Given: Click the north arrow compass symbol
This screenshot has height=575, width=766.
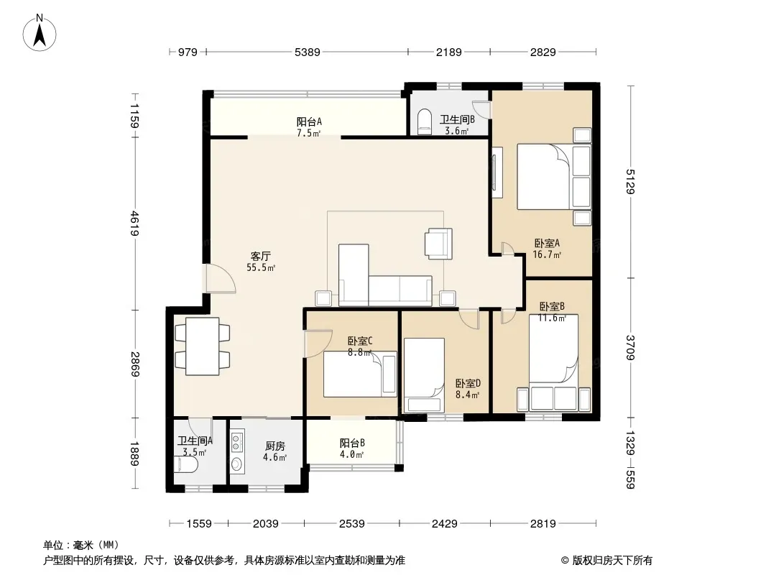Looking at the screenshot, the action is tap(40, 32).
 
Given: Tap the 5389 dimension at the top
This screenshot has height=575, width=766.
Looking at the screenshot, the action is tap(308, 52).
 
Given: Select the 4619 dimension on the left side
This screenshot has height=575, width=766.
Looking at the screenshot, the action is tap(135, 224).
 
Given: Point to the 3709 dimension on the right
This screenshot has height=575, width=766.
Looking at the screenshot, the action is tap(630, 347).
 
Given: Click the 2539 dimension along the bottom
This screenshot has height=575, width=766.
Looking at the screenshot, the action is tap(351, 524).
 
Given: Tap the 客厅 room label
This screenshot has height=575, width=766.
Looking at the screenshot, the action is tap(260, 256).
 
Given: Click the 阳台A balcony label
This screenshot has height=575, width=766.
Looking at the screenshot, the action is tap(309, 121).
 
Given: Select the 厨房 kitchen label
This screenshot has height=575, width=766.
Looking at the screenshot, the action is tap(275, 446).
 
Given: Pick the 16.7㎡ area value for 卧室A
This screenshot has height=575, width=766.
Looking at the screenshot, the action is tap(547, 254).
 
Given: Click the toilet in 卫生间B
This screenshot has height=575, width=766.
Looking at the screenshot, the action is tap(425, 121).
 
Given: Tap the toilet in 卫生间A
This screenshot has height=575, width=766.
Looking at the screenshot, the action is tap(186, 464).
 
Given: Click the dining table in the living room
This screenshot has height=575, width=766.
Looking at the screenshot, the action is tap(202, 346).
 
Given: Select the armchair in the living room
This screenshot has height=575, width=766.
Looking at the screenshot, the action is tap(438, 243).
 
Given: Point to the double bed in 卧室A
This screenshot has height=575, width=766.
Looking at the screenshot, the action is tap(554, 176).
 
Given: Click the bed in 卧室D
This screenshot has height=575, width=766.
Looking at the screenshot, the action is tap(423, 374).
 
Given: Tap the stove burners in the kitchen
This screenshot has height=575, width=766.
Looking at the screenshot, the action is tap(236, 442).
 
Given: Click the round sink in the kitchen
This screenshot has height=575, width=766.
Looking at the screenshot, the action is tap(236, 464).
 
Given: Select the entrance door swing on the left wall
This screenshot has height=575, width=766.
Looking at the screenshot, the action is tap(220, 279).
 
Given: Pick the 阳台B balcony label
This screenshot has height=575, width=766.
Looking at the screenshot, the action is tap(352, 443).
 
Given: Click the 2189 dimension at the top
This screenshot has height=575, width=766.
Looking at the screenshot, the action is tap(448, 52).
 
